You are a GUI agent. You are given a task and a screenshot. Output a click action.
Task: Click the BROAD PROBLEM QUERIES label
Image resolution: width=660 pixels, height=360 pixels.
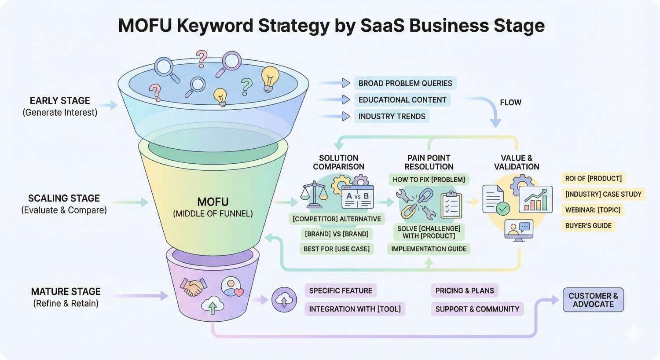pos(405,83)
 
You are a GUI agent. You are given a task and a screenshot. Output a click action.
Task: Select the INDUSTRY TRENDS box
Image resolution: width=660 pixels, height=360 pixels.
pos(392,117)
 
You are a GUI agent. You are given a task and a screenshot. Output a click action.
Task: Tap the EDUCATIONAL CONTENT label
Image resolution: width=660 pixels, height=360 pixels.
pos(402,100)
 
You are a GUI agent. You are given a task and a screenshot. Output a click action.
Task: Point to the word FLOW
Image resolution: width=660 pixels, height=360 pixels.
pos(510,103)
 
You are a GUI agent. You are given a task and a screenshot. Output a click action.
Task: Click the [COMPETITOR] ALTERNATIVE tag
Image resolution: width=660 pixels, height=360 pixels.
pos(337,219)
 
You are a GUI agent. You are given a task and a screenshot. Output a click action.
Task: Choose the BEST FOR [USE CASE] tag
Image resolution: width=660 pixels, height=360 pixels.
pos(337,249)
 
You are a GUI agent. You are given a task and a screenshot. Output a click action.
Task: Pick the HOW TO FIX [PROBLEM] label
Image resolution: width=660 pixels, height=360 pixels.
pos(429,180)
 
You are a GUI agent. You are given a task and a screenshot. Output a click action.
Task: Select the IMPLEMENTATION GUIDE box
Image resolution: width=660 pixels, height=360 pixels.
pos(429,249)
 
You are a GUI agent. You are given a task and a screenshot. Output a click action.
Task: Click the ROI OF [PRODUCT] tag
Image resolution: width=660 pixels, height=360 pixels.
pos(593,178)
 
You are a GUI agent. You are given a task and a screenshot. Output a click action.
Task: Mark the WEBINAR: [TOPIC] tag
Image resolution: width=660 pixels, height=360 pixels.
pos(593,210)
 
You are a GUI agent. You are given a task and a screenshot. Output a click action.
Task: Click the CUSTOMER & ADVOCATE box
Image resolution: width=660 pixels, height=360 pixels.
pos(593,300)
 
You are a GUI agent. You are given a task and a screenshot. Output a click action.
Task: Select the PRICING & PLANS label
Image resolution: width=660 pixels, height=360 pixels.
pos(464,290)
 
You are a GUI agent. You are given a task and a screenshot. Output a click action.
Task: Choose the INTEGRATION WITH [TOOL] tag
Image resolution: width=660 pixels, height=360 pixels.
pos(355,309)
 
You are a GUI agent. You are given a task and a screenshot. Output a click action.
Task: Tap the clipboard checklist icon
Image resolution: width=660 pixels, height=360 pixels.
pos(451,204)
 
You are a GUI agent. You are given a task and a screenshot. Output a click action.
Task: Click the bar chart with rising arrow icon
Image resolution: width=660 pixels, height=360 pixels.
pos(535,199)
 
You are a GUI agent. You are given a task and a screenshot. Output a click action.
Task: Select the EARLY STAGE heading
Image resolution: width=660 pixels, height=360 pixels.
pos(60,101)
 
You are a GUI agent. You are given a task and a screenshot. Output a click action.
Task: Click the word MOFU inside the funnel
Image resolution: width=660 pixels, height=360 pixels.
pos(213,202)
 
